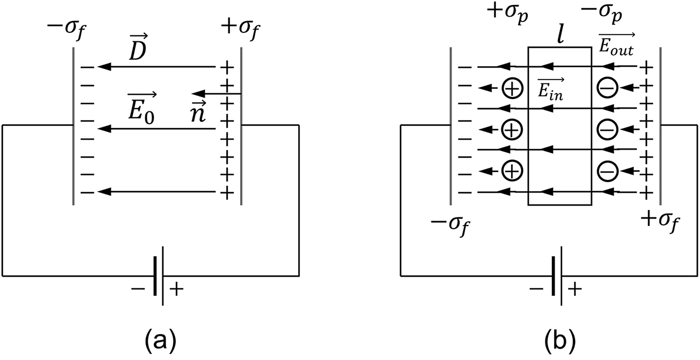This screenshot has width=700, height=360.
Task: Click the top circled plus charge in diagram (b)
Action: tap(512, 88)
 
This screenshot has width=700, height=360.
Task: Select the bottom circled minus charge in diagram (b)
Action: tap(607, 171)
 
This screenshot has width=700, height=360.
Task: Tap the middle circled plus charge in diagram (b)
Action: tap(512, 129)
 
